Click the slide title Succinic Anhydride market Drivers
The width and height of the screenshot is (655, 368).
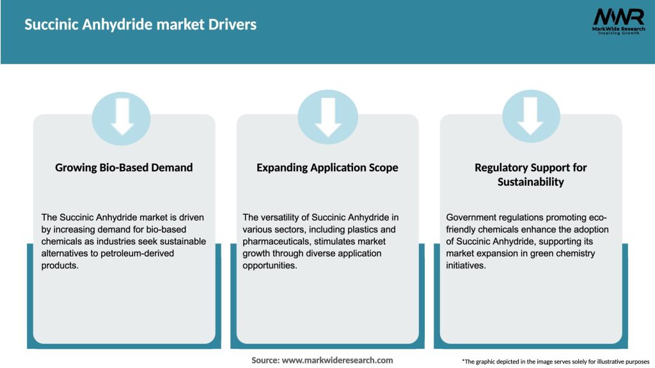pyautogui.click(x=140, y=25)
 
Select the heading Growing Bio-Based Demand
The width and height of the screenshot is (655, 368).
pyautogui.click(x=124, y=167)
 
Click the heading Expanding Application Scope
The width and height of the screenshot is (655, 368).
pyautogui.click(x=327, y=167)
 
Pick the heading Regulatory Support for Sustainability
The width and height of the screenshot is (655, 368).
pyautogui.click(x=531, y=174)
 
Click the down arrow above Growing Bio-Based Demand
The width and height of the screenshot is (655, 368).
pyautogui.click(x=122, y=117)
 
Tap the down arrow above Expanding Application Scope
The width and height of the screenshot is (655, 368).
pyautogui.click(x=328, y=117)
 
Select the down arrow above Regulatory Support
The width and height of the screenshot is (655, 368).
pyautogui.click(x=530, y=117)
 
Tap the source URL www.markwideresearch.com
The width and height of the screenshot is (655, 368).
pyautogui.click(x=338, y=360)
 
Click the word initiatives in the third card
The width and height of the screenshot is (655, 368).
pyautogui.click(x=466, y=264)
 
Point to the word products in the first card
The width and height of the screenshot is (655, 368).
pyautogui.click(x=59, y=264)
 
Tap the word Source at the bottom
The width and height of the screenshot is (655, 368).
pyautogui.click(x=265, y=360)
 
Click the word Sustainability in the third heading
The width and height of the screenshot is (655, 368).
pyautogui.click(x=531, y=182)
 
